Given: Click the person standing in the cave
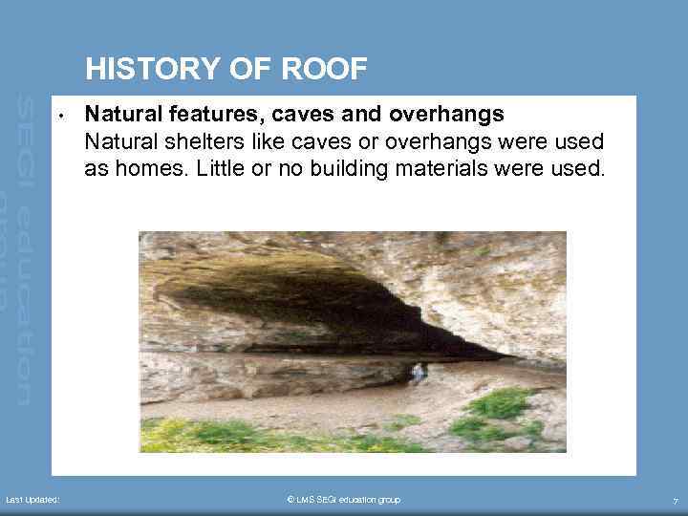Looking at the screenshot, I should point(417,373).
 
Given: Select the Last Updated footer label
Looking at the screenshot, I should point(32,500).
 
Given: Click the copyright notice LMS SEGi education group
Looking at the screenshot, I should point(343,500).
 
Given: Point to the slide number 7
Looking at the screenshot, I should point(675,501).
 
